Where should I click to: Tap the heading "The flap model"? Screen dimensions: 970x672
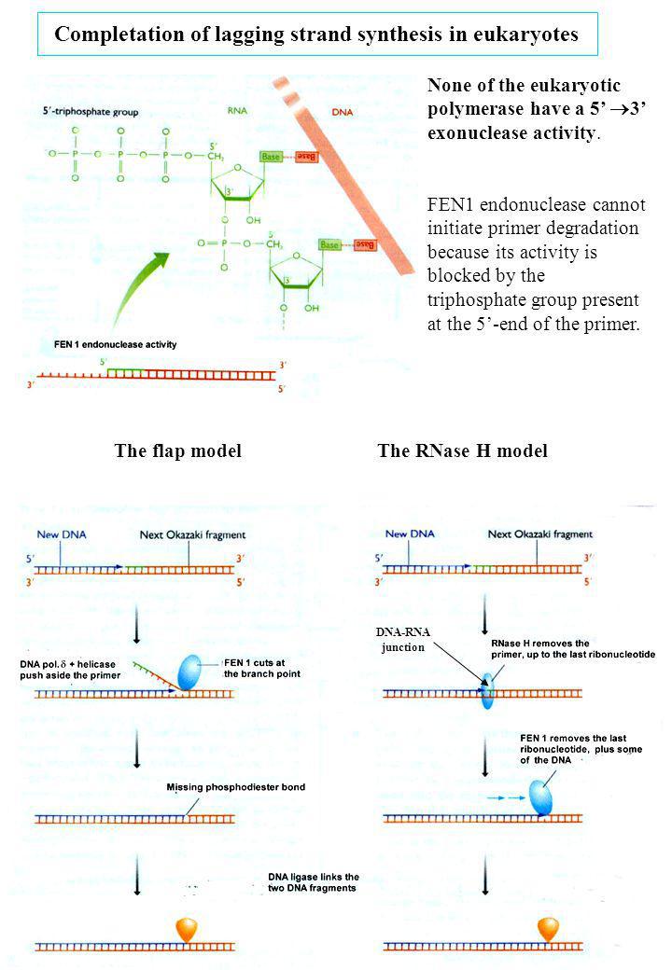click(x=177, y=451)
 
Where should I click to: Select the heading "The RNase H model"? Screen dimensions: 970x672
click(x=462, y=451)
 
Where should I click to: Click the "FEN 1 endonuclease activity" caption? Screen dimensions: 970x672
click(x=115, y=344)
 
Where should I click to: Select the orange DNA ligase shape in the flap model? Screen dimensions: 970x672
click(x=186, y=929)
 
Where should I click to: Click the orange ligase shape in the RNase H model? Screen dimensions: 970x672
click(x=547, y=929)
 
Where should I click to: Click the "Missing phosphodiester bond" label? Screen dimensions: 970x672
click(x=236, y=787)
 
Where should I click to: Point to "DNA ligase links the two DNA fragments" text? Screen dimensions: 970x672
click(x=313, y=881)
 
